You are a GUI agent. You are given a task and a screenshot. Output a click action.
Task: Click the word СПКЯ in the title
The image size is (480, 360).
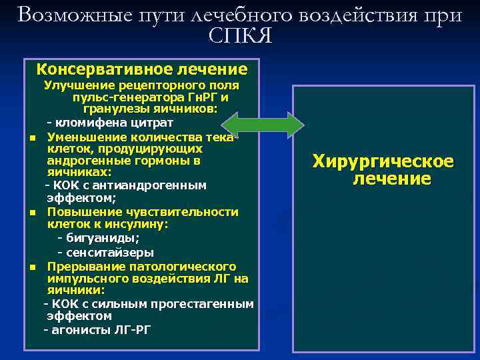pos(240,35)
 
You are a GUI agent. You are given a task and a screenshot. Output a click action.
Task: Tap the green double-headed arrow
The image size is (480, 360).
pos(263,125)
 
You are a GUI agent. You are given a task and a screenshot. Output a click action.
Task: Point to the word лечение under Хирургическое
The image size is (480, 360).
pos(392,179)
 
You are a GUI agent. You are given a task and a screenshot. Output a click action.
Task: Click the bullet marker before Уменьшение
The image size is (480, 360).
pos(32,137)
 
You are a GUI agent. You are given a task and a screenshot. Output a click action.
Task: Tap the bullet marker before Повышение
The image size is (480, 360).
pos(32,213)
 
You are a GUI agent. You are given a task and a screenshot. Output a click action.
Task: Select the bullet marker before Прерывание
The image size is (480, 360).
pos(32,267)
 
